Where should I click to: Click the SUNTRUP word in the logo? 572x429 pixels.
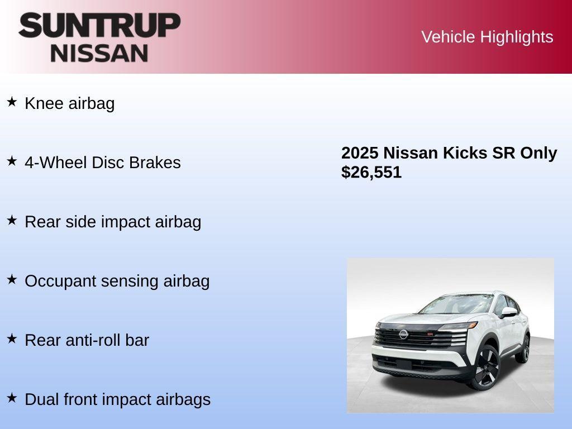[99, 26]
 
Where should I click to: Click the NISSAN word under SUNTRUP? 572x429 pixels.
[99, 53]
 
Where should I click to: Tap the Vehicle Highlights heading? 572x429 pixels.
[487, 37]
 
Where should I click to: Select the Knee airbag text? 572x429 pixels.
[70, 103]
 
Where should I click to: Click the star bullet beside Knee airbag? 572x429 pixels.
[12, 102]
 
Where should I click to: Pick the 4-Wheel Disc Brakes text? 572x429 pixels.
[103, 163]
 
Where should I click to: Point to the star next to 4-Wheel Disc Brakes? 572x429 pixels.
[12, 161]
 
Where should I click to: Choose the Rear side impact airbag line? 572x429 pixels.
[113, 222]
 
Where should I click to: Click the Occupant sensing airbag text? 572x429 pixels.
[117, 281]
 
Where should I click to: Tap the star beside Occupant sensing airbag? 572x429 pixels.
[12, 279]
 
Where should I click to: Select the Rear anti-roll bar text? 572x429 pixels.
[87, 340]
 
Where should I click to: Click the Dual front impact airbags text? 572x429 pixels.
[117, 399]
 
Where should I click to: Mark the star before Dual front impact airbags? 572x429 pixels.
[12, 398]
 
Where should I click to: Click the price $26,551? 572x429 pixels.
[371, 172]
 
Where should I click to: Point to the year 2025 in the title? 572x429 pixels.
[360, 153]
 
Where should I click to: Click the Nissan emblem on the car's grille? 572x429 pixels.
[402, 335]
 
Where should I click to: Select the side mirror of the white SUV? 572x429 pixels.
[508, 312]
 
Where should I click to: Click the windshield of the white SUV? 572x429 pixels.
[452, 305]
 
